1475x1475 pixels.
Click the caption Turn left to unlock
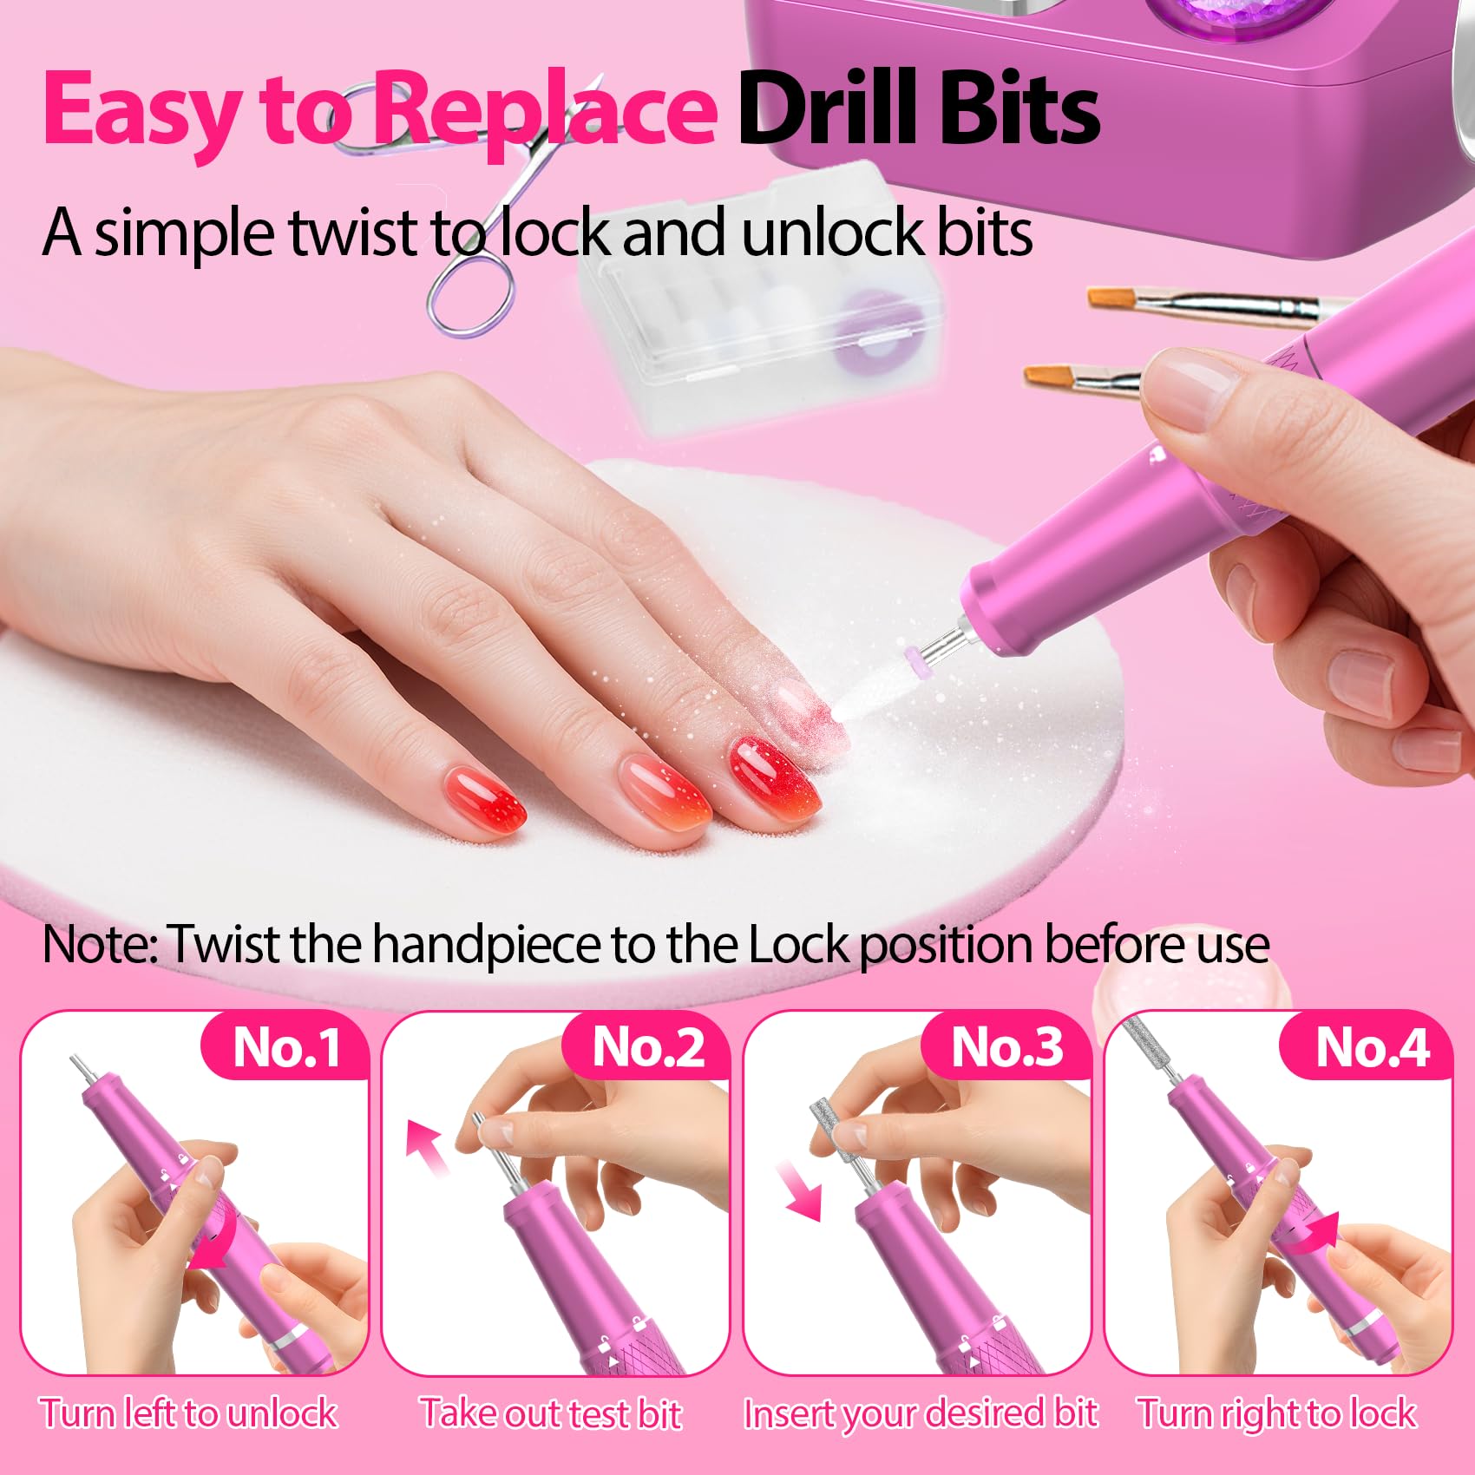tap(188, 1413)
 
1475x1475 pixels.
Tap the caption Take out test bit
tap(551, 1413)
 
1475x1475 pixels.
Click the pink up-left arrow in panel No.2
tap(429, 1145)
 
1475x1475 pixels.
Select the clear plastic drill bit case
tap(759, 295)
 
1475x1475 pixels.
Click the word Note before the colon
tap(95, 944)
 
